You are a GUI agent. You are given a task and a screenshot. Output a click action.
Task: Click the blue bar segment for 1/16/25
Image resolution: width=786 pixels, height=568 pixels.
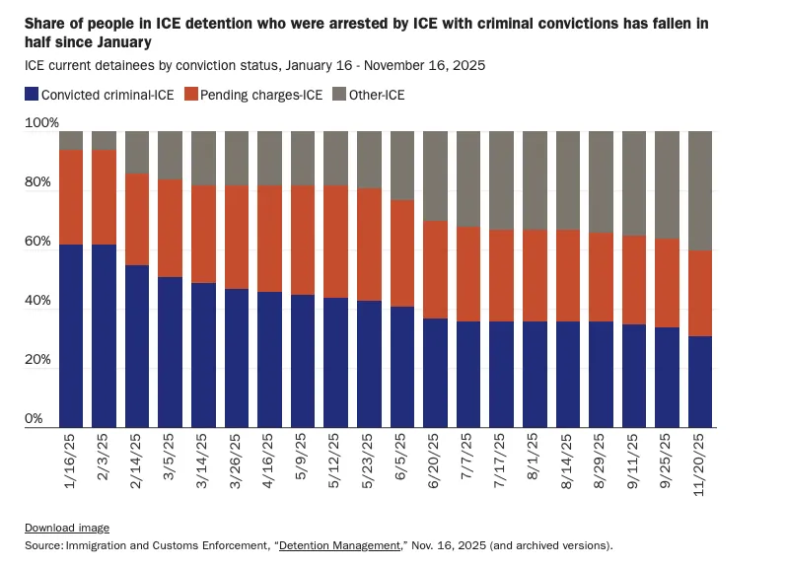click(70, 335)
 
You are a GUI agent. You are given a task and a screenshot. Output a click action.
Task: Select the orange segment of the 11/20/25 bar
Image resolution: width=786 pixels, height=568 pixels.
click(700, 293)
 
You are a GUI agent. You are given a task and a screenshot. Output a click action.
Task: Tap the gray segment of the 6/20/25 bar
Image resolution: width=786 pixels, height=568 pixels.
click(435, 176)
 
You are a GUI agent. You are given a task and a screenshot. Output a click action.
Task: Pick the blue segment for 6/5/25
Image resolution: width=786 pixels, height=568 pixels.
click(402, 367)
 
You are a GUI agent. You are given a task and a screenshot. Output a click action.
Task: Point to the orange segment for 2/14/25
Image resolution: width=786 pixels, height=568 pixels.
click(137, 219)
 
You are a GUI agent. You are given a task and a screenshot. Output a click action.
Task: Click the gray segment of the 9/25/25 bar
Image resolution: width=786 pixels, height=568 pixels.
click(667, 184)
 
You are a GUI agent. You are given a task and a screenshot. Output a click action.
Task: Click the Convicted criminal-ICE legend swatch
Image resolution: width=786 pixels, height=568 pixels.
click(32, 95)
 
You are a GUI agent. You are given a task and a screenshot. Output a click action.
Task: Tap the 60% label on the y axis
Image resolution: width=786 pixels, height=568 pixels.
click(36, 242)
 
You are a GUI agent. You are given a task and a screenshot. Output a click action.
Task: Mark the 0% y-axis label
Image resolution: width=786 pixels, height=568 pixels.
click(34, 419)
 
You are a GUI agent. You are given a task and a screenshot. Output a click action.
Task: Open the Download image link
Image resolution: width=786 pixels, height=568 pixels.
click(67, 528)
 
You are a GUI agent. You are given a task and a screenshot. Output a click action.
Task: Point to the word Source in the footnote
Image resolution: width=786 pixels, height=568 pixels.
click(42, 544)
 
